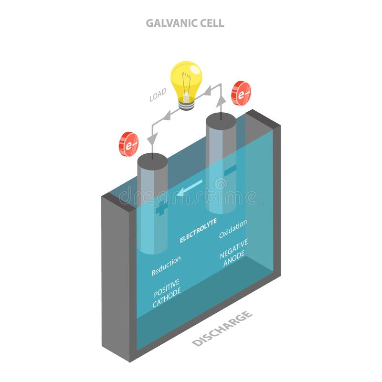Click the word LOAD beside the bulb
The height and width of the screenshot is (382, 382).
(158, 95)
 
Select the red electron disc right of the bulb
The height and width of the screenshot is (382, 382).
(241, 93)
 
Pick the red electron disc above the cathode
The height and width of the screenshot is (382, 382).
(128, 144)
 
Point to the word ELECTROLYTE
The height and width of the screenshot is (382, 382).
(198, 231)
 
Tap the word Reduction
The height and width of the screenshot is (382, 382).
(166, 266)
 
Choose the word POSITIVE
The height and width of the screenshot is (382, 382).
(166, 287)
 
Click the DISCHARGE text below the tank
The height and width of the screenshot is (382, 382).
(222, 328)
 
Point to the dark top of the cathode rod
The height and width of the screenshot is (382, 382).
(152, 161)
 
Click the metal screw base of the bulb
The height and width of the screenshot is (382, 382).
(186, 104)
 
